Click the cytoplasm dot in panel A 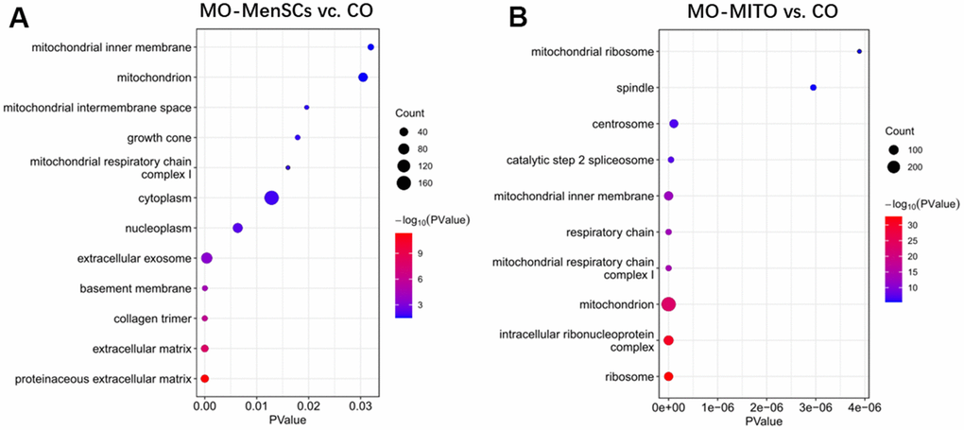tap(271, 198)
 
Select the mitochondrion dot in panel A tap(363, 77)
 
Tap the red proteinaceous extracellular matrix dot tap(204, 379)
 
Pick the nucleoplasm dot tap(237, 228)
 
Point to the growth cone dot tap(298, 137)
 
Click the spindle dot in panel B tap(813, 88)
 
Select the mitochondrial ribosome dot tap(859, 52)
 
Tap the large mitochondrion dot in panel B tap(668, 304)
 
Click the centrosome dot tap(674, 124)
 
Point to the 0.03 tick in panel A tap(360, 404)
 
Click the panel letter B tap(518, 17)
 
